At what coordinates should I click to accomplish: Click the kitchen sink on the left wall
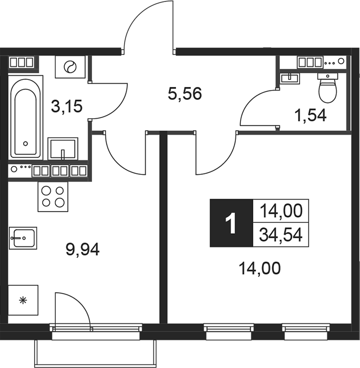22,237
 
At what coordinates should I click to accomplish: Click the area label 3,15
66,107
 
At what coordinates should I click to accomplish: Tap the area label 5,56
185,93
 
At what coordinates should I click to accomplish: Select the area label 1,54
310,116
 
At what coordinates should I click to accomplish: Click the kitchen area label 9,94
83,248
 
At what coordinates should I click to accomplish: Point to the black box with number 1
231,223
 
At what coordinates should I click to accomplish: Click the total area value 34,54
281,234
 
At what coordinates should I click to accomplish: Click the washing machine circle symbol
71,67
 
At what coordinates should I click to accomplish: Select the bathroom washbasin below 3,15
62,149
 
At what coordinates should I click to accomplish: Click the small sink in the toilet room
291,78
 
